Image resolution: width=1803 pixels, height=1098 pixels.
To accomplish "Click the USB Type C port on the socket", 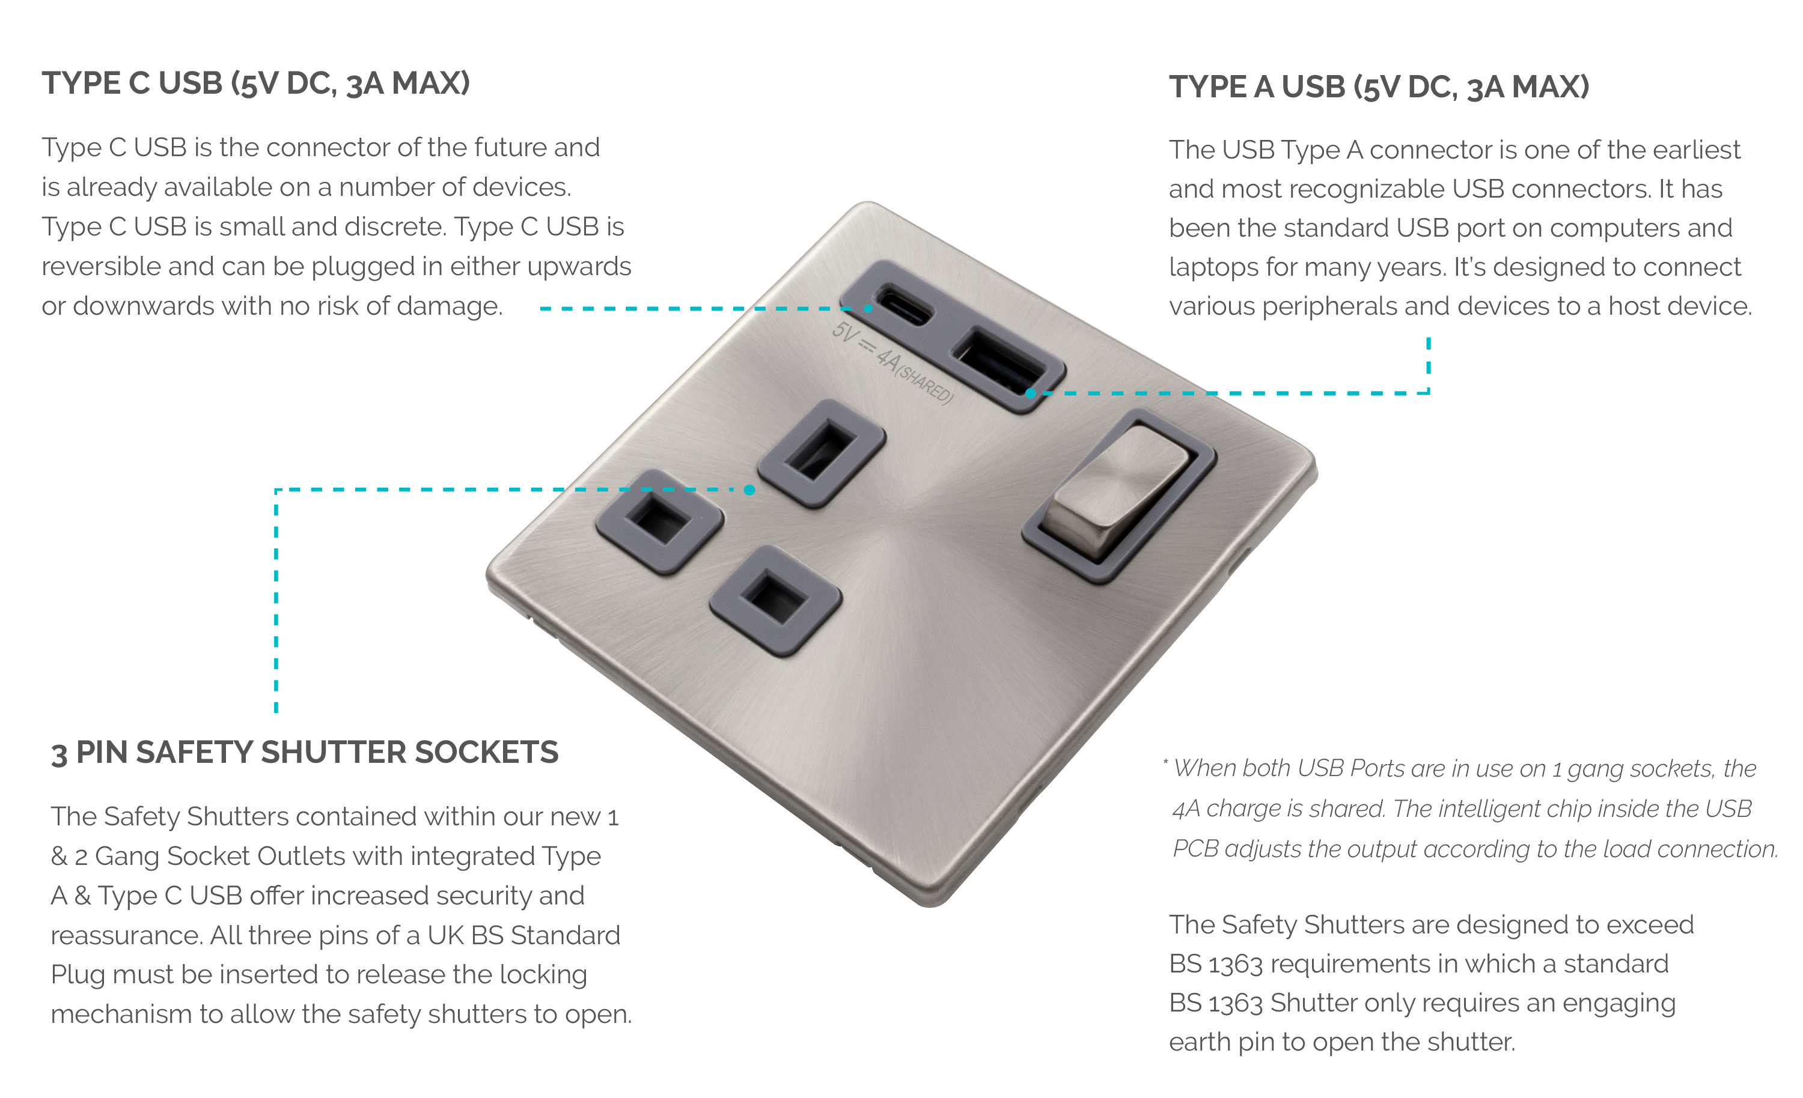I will [x=894, y=306].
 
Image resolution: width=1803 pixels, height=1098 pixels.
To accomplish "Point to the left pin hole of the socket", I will [x=660, y=521].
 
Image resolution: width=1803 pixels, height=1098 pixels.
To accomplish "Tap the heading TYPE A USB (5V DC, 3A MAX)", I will [x=1379, y=87].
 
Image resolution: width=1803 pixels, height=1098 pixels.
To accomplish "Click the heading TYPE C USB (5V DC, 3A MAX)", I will [x=255, y=83].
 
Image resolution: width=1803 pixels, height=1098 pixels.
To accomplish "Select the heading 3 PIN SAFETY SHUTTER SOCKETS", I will [x=304, y=753].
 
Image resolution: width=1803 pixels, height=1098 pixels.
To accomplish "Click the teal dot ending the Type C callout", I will [x=868, y=309].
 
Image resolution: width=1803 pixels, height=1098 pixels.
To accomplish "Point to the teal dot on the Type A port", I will [x=1030, y=393].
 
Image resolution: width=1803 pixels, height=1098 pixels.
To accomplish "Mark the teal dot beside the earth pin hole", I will [x=749, y=490].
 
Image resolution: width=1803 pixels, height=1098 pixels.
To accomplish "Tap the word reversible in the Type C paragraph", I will [x=102, y=267].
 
